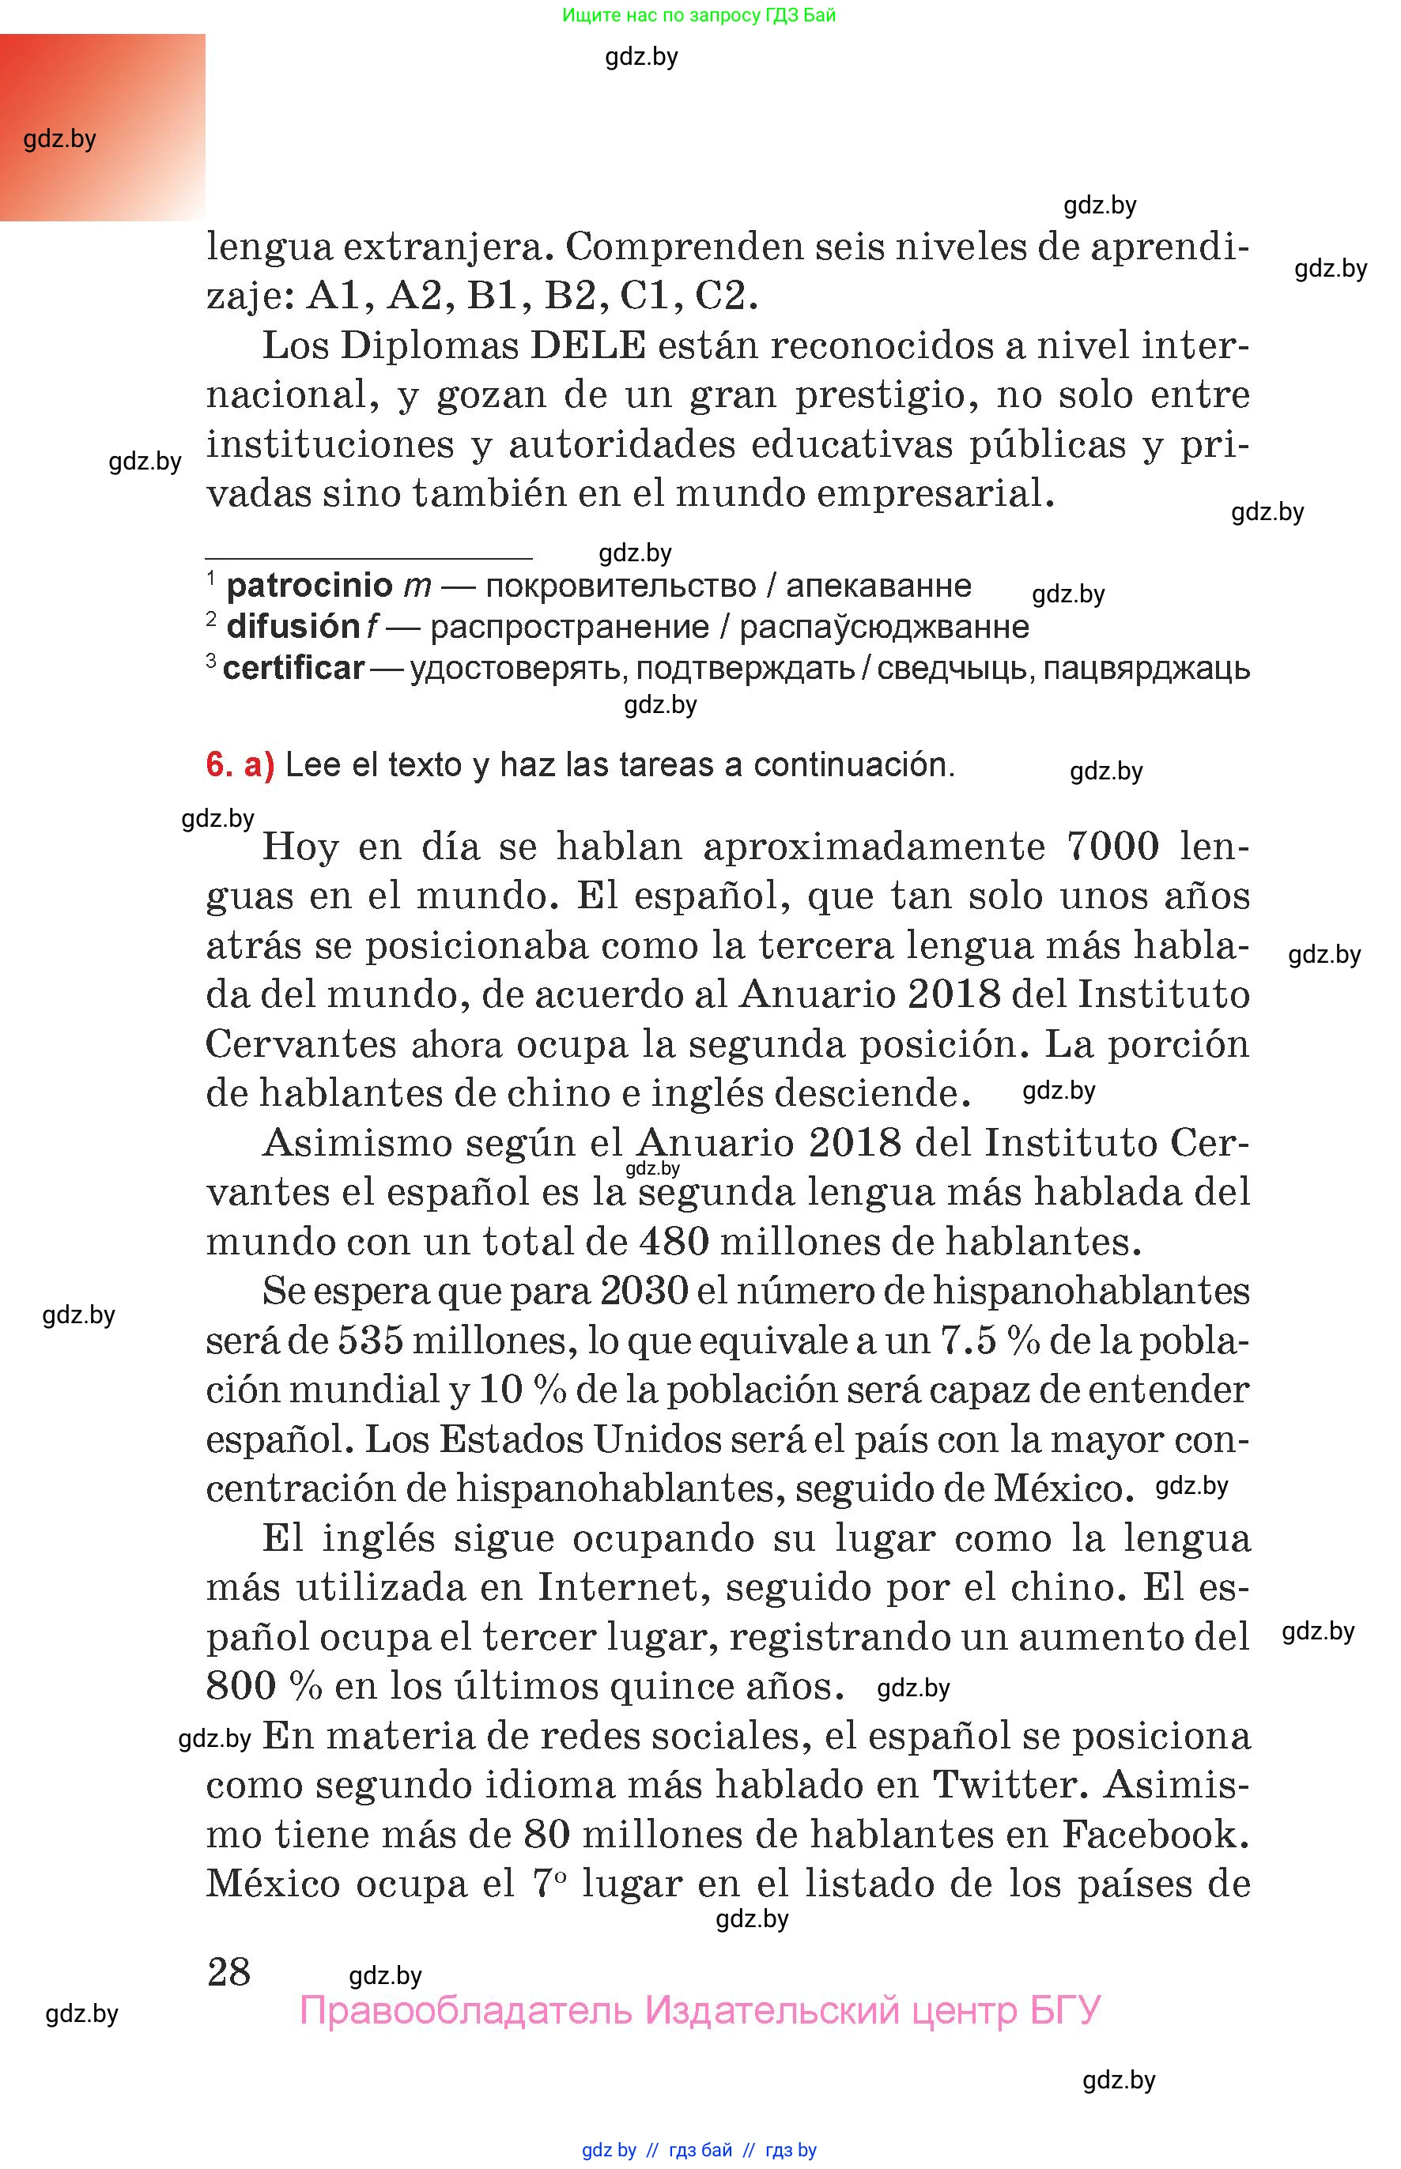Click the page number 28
pos(228,1971)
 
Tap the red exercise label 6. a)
pos(240,765)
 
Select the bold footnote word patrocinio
pos(309,586)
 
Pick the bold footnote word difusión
pos(293,627)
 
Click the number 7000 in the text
pos(1112,847)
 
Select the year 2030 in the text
pos(644,1291)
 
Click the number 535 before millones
pos(373,1341)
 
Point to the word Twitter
pos(1010,1785)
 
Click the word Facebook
pos(1155,1835)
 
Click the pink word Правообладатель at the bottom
pos(465,2010)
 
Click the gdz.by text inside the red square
pos(60,139)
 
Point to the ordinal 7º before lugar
pos(550,1884)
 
